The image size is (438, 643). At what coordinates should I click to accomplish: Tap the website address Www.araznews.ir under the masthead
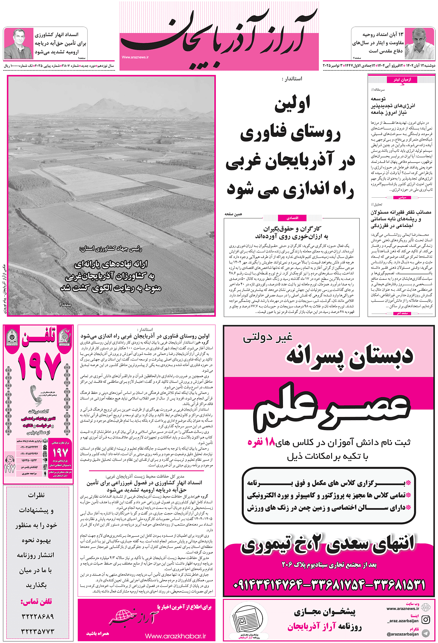(135, 57)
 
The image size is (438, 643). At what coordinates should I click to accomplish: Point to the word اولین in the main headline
(292, 105)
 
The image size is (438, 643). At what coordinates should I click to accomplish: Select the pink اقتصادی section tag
(292, 218)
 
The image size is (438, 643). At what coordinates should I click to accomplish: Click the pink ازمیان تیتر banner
(402, 80)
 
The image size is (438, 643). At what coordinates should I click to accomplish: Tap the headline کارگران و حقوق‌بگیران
(292, 229)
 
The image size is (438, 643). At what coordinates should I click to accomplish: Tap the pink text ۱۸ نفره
(261, 442)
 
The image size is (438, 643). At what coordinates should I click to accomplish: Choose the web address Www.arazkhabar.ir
(175, 636)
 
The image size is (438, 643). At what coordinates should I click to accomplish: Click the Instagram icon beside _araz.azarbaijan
(426, 619)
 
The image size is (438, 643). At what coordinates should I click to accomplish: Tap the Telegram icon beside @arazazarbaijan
(426, 633)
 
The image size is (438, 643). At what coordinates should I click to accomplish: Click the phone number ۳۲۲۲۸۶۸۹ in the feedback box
(38, 616)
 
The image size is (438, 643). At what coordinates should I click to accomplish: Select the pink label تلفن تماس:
(36, 601)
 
